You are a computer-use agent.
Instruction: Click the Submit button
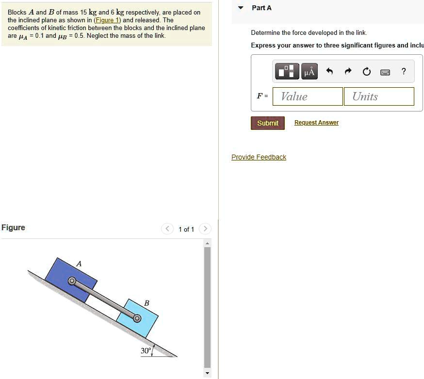[268, 123]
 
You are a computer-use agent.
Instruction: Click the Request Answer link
[316, 123]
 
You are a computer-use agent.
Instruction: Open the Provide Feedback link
[259, 157]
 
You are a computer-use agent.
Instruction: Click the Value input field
[308, 96]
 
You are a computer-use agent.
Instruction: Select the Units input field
[378, 96]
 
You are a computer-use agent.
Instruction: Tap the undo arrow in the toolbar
[329, 72]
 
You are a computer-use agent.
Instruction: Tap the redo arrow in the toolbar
[348, 72]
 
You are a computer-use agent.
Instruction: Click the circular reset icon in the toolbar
[366, 72]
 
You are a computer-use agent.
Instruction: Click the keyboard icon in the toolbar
[385, 72]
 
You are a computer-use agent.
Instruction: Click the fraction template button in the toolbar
[287, 72]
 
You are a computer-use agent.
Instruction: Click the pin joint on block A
[72, 281]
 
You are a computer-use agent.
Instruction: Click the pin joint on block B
[137, 318]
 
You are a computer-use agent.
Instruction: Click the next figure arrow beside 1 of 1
[205, 229]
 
